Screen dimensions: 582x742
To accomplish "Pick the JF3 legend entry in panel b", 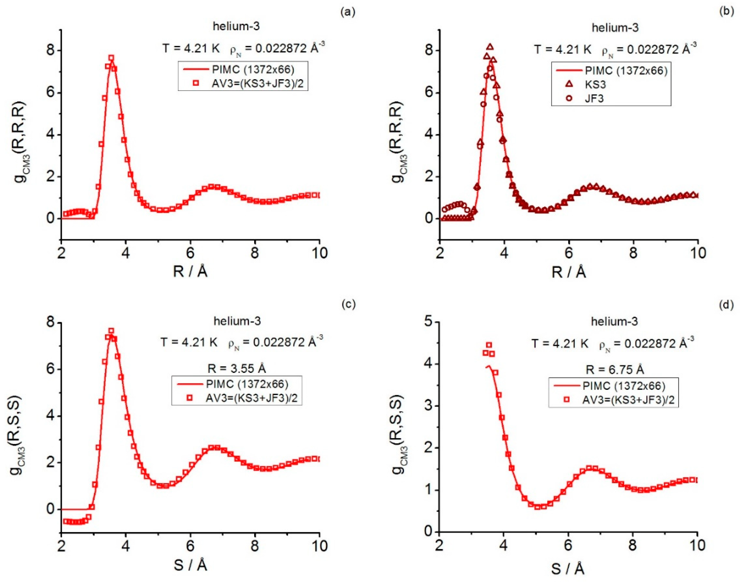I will (x=594, y=98).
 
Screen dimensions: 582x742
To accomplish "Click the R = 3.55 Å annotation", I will (x=236, y=369).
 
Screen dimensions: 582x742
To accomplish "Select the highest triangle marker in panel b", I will (x=490, y=47).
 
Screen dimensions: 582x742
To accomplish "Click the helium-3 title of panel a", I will (x=236, y=26).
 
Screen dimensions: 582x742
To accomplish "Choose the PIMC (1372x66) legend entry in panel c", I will (x=247, y=384).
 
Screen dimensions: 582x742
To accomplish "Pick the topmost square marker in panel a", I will (x=111, y=58).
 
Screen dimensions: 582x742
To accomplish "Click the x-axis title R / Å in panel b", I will (x=569, y=272).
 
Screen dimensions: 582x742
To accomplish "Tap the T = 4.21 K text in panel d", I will (x=560, y=344).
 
